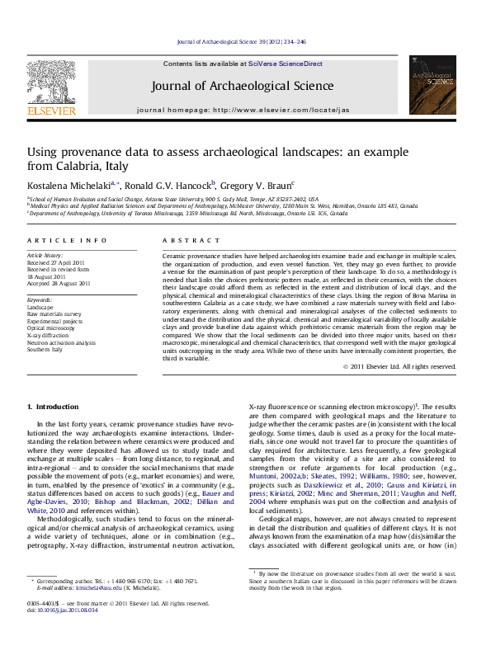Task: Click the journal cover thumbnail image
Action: click(x=432, y=85)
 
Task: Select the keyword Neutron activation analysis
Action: click(x=61, y=342)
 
